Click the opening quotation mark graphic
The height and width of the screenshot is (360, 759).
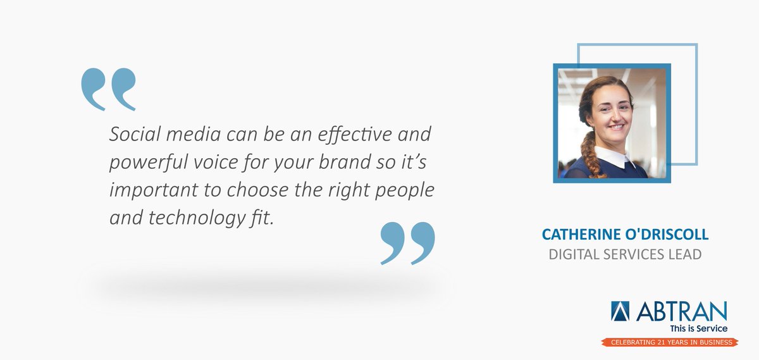tap(108, 89)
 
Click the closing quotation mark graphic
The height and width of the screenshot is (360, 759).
tap(408, 243)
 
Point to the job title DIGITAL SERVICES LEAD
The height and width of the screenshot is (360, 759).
tap(625, 255)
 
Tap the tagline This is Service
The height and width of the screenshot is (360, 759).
tap(698, 328)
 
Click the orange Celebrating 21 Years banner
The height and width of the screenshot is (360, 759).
tap(668, 342)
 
